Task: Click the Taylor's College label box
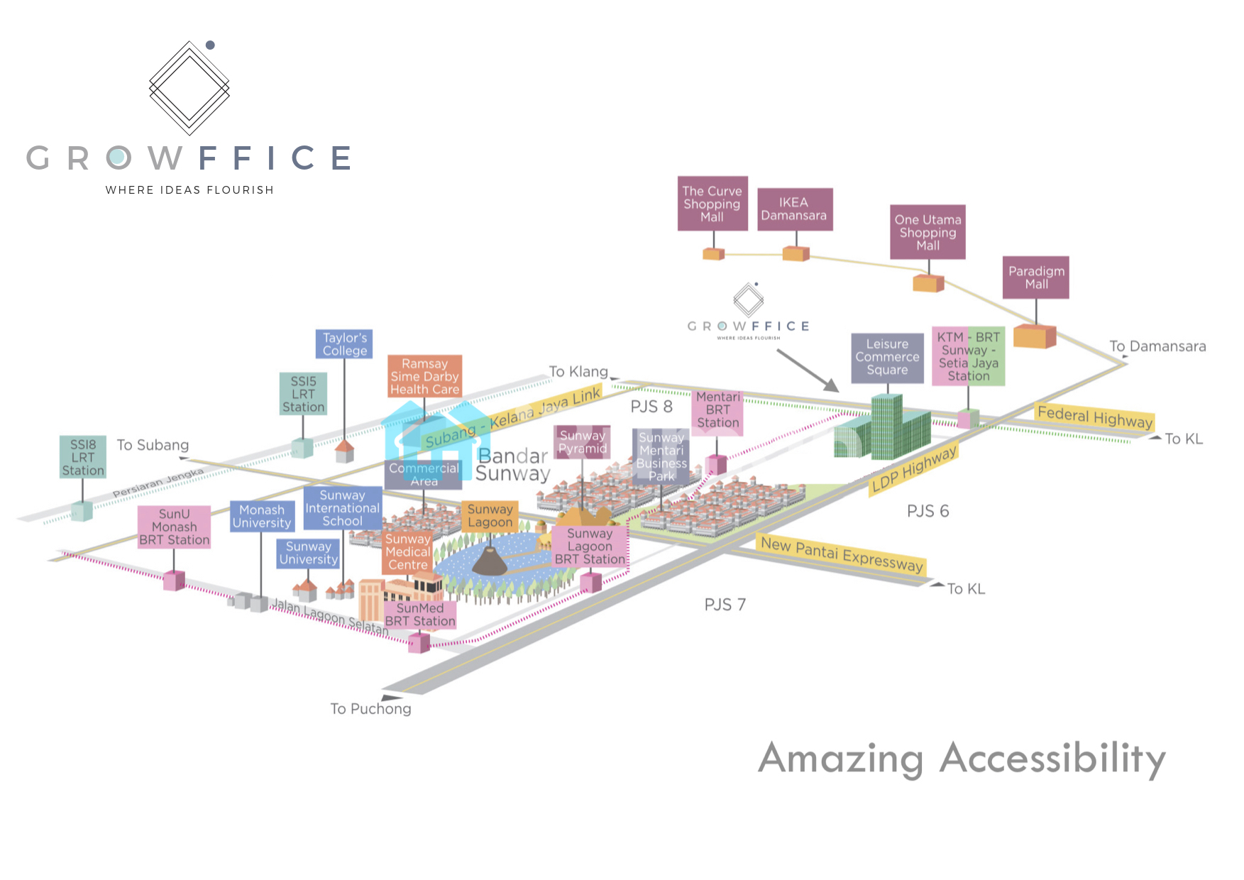[344, 344]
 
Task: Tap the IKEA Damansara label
[794, 209]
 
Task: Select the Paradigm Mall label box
[1036, 277]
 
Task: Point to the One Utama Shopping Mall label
[928, 233]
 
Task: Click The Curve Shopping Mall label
[712, 204]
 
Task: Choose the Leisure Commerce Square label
[887, 357]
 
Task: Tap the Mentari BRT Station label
[717, 410]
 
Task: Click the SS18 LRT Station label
[83, 457]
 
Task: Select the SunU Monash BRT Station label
[174, 527]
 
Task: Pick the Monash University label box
[261, 517]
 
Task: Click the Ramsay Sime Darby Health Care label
[424, 376]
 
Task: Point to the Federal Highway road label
[1094, 417]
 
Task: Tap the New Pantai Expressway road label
[841, 554]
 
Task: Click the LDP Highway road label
[914, 468]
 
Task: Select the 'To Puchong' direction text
[370, 708]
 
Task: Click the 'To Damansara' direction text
[1157, 346]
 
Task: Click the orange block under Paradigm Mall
[1034, 336]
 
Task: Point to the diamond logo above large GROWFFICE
[189, 87]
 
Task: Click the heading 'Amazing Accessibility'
[962, 759]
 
